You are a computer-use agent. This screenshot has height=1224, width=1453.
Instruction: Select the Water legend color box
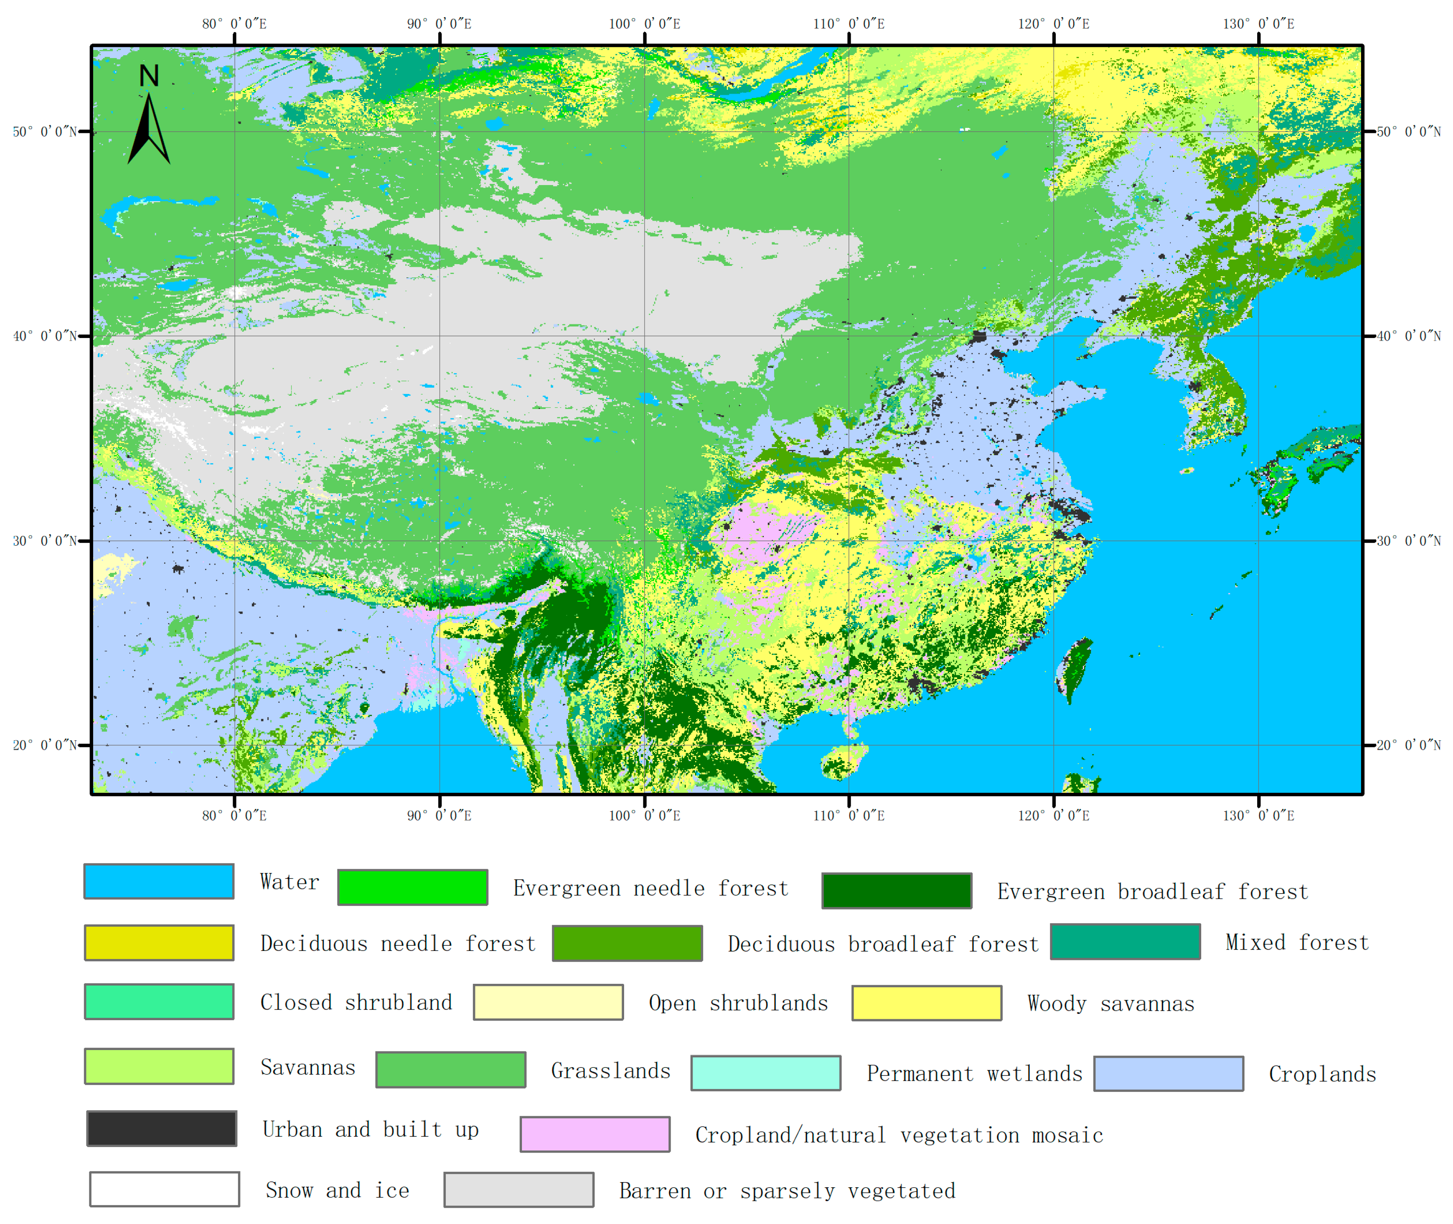pyautogui.click(x=159, y=881)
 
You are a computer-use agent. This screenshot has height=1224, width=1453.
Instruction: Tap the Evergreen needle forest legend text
pyautogui.click(x=650, y=888)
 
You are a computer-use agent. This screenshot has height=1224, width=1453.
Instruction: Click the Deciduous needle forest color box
pyautogui.click(x=159, y=942)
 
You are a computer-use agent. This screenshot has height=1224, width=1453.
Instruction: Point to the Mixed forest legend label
pyautogui.click(x=1297, y=942)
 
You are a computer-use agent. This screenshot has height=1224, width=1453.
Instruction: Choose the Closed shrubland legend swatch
pyautogui.click(x=159, y=1001)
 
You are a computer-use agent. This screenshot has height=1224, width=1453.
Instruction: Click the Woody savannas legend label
pyautogui.click(x=1110, y=1003)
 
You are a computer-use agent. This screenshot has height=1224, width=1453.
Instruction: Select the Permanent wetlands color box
pyautogui.click(x=765, y=1073)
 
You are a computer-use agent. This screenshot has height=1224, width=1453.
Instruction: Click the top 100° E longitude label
pyautogui.click(x=644, y=24)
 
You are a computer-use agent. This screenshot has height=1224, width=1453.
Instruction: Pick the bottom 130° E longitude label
pyautogui.click(x=1258, y=815)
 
